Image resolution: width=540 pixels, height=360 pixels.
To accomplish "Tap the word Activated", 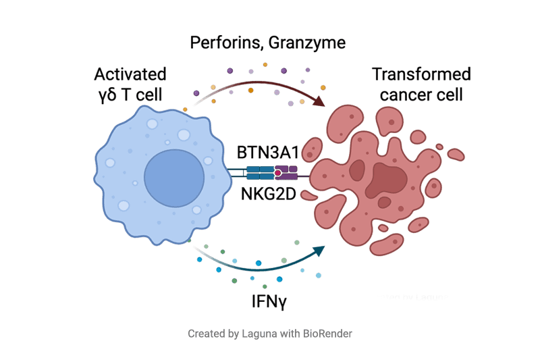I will pyautogui.click(x=130, y=74).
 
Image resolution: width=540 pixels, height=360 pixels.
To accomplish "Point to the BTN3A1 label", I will pyautogui.click(x=267, y=152).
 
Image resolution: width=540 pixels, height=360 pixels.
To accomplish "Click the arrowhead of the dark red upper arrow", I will pyautogui.click(x=320, y=101).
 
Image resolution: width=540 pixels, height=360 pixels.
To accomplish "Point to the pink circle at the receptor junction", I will pyautogui.click(x=277, y=174).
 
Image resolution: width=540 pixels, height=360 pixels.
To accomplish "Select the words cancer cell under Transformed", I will pyautogui.click(x=421, y=95).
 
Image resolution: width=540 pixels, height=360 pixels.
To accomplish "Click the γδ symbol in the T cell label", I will pyautogui.click(x=107, y=95).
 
